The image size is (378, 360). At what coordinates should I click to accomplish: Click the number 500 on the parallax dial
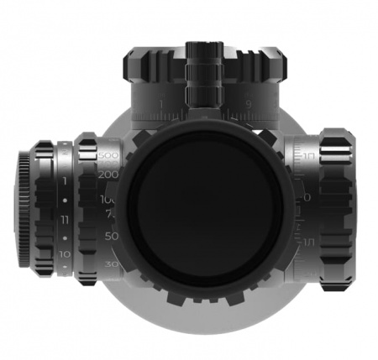[107, 156]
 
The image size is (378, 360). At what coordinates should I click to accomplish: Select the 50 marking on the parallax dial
[110, 237]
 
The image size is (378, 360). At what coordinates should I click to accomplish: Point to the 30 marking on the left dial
[111, 264]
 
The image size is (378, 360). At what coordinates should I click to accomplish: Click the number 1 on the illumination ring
[65, 180]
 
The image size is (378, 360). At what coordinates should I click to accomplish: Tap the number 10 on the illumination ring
[65, 253]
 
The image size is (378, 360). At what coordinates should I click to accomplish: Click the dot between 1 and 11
[65, 202]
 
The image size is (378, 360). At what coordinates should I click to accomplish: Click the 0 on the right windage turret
[307, 197]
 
